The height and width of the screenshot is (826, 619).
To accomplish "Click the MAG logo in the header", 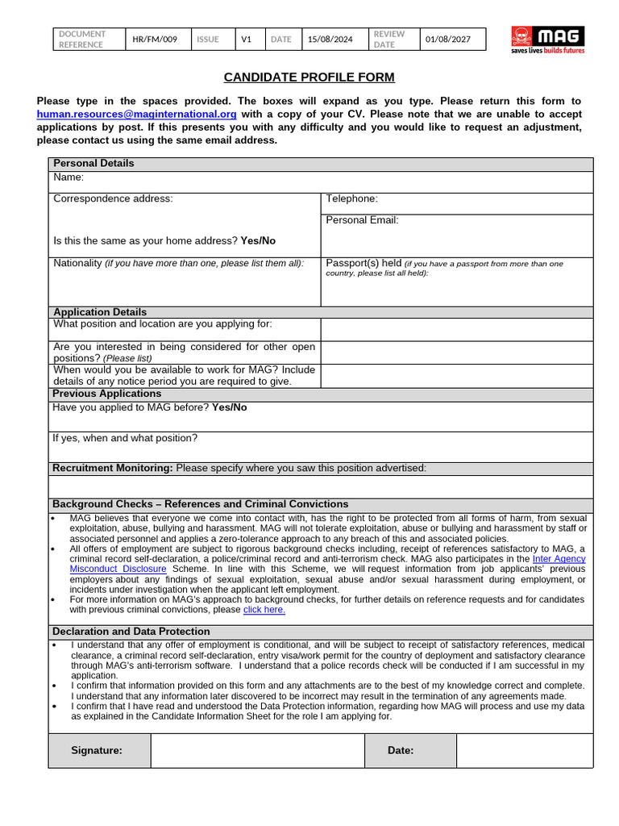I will tap(548, 40).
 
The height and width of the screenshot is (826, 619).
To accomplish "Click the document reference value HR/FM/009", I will tap(155, 40).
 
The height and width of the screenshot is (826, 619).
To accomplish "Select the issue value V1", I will tap(247, 40).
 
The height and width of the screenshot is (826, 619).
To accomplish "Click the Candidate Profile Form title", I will tap(309, 77).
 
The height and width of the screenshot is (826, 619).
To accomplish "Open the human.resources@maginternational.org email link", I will tap(137, 114).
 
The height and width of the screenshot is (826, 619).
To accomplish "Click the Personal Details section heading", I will tap(93, 163).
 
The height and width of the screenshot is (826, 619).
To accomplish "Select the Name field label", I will tap(69, 177).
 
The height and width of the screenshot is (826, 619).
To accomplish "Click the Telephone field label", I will tap(351, 198).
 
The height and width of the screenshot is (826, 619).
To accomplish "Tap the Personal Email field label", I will tap(362, 219).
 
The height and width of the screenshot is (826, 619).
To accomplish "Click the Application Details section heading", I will tap(100, 312).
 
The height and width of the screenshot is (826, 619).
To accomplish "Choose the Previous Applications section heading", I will tap(107, 394).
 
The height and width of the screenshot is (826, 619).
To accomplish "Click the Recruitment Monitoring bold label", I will tap(113, 468).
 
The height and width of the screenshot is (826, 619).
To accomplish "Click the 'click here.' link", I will tap(264, 610).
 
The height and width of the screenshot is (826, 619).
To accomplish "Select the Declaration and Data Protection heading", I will tap(131, 632).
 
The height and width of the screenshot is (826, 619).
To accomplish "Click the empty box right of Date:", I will tap(524, 750).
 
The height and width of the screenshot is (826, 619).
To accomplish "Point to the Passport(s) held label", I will tap(363, 263).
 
